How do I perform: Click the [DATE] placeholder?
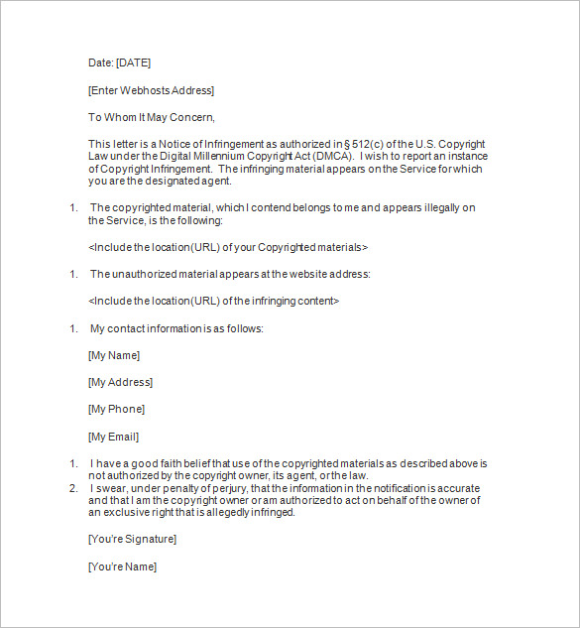tap(133, 63)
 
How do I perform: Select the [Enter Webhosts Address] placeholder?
tap(151, 91)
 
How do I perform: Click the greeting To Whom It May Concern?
tap(151, 118)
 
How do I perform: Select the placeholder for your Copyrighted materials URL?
tap(228, 247)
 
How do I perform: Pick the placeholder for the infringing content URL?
tap(214, 301)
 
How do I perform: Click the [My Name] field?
tap(114, 355)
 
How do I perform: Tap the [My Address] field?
tap(120, 382)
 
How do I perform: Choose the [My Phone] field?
tap(116, 409)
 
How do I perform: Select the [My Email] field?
tap(113, 437)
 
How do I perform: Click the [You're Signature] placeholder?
tap(132, 539)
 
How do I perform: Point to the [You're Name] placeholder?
tap(122, 566)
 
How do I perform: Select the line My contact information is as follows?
tap(176, 328)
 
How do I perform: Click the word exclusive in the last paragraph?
tap(126, 513)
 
